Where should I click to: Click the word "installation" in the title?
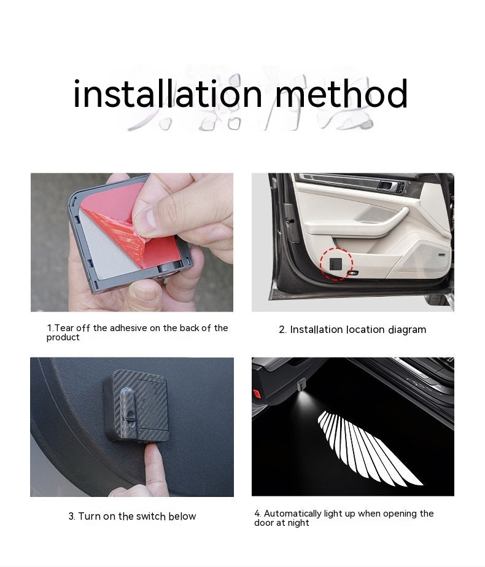tap(168, 93)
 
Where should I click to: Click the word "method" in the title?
tap(342, 93)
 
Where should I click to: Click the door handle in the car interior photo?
tap(386, 186)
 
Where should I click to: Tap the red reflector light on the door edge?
tap(257, 393)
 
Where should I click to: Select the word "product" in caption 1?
tap(63, 337)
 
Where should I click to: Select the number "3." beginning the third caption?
tap(72, 517)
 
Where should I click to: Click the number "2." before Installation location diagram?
tap(282, 330)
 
